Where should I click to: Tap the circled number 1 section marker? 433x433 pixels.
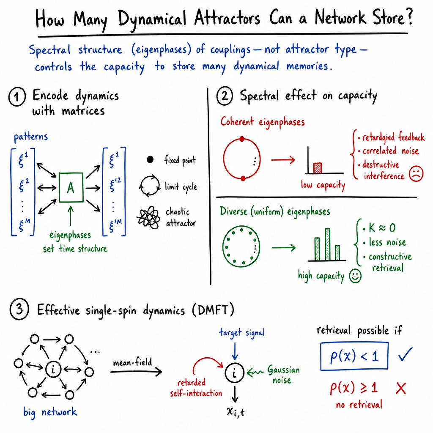[x=17, y=97]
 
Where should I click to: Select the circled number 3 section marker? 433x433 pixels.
[x=19, y=309]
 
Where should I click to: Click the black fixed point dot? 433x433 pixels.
[x=150, y=159]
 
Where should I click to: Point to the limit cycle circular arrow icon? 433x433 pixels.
[x=150, y=186]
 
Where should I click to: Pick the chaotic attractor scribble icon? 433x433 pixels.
[x=149, y=218]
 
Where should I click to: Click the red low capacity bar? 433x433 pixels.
[x=318, y=168]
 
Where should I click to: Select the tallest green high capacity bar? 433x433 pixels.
[x=328, y=244]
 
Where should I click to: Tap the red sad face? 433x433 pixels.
[x=416, y=173]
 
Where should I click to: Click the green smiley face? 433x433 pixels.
[x=355, y=276]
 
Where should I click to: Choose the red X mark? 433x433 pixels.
[x=401, y=388]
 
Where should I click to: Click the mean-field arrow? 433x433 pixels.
[x=136, y=372]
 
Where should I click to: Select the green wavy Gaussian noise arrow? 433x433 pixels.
[x=255, y=373]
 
